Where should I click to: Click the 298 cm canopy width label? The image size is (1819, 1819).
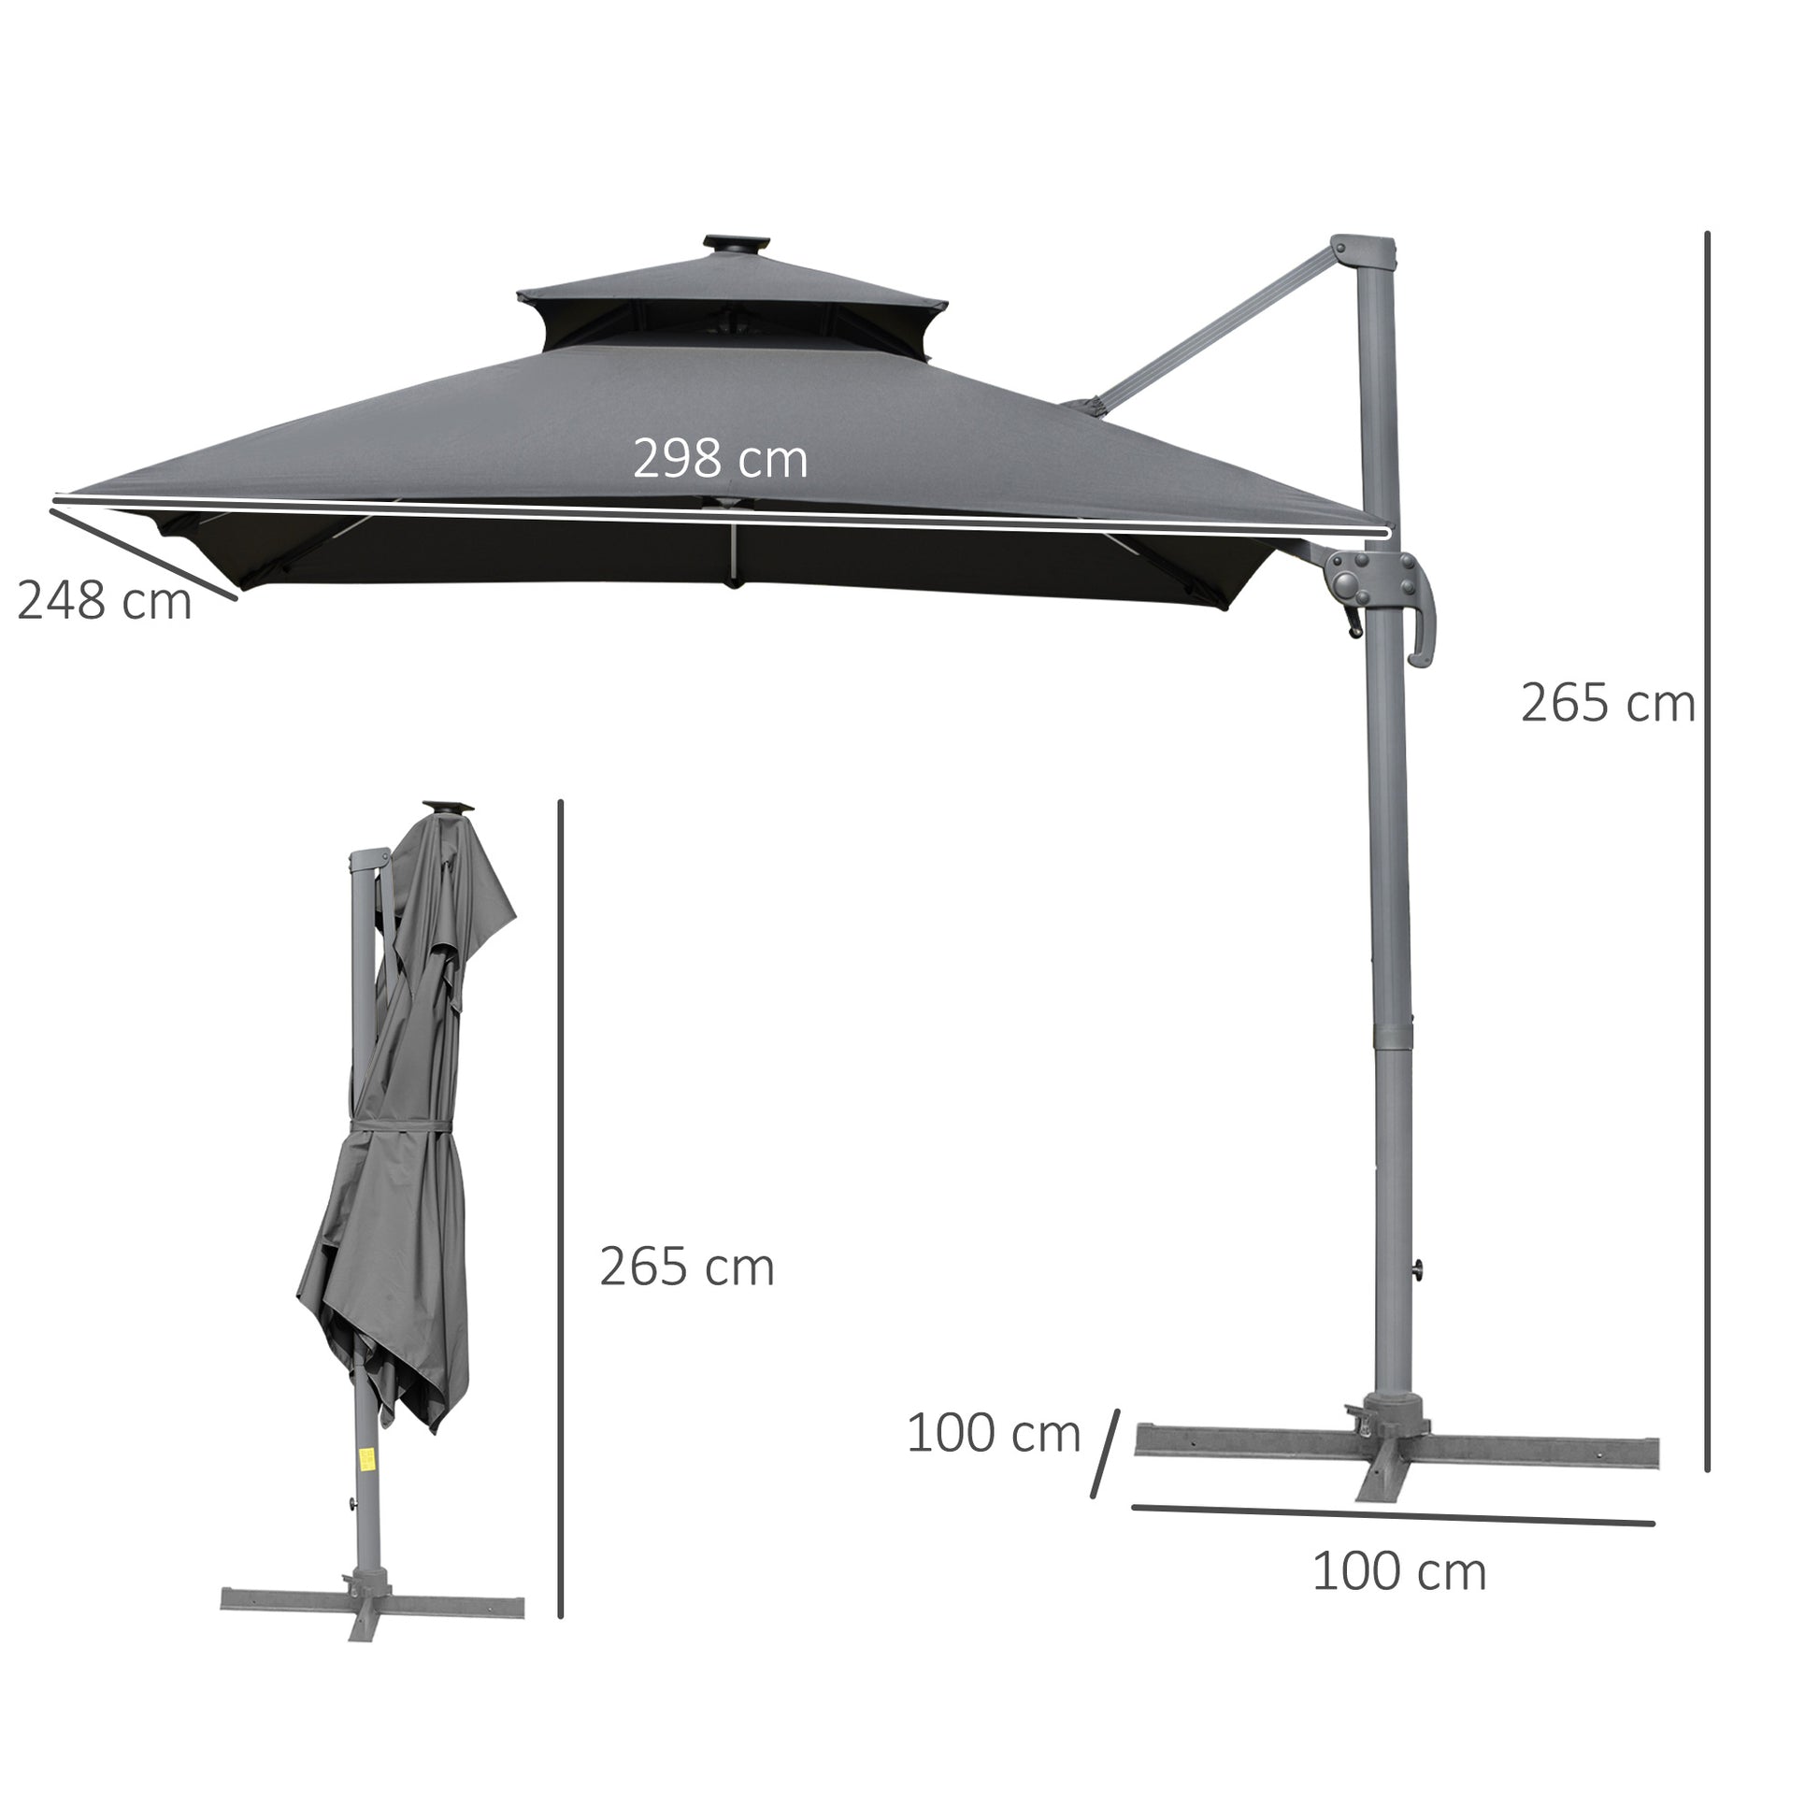[x=720, y=460]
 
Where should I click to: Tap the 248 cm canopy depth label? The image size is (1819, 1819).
[x=104, y=601]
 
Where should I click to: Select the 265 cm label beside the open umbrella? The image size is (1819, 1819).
[x=1607, y=703]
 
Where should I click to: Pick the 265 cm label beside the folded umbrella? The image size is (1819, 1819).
[x=686, y=1268]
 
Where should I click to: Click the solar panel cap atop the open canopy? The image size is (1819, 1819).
[x=736, y=243]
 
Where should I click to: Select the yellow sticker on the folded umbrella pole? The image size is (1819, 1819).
[x=366, y=1485]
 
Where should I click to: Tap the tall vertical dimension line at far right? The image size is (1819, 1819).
[x=1707, y=848]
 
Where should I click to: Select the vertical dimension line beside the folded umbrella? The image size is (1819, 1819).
[x=560, y=1214]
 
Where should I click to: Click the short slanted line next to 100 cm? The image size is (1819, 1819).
[x=1106, y=1466]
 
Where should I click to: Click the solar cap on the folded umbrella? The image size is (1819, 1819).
[x=448, y=808]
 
